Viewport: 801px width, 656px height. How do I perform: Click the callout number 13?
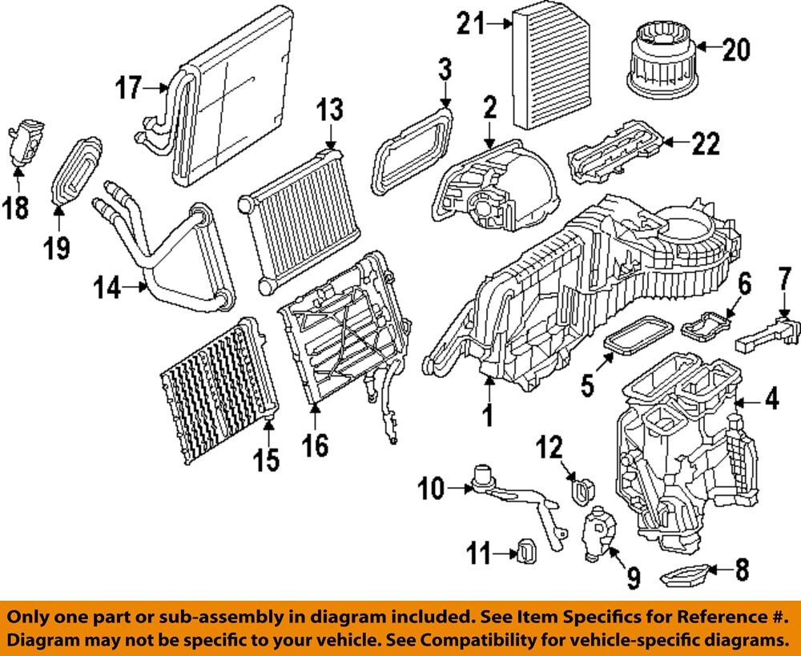pos(330,108)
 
